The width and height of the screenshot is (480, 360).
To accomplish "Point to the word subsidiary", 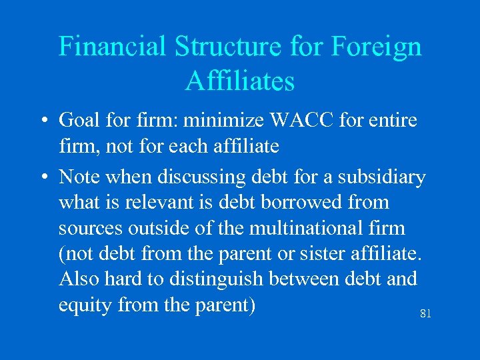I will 381,177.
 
